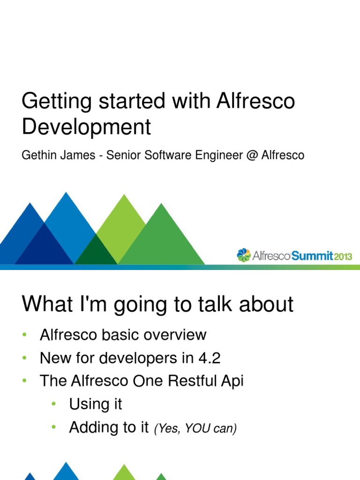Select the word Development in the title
click(x=86, y=127)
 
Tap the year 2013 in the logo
click(x=343, y=256)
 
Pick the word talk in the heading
click(x=213, y=304)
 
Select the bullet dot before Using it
click(x=54, y=404)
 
